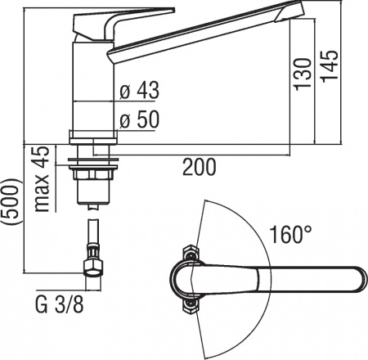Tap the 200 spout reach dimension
[200, 167]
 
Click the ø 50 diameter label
[139, 119]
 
